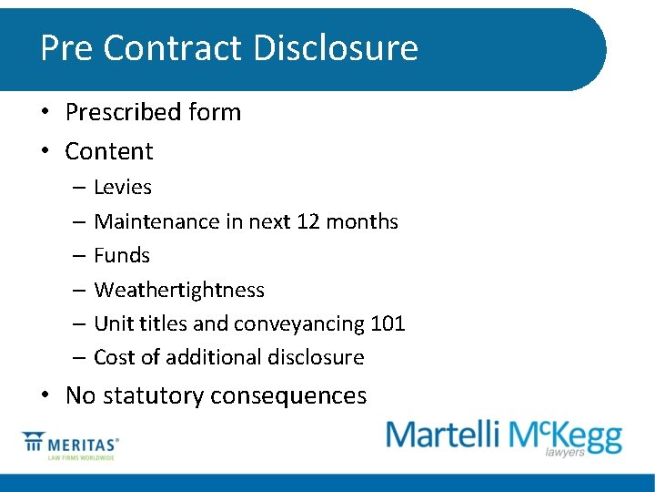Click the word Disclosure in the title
[x=336, y=47]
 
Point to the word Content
[x=109, y=150]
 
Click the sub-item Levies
[x=123, y=187]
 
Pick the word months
[x=363, y=221]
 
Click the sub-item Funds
[x=122, y=255]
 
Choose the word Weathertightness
[x=179, y=290]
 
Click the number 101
[x=388, y=323]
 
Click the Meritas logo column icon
[x=35, y=443]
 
